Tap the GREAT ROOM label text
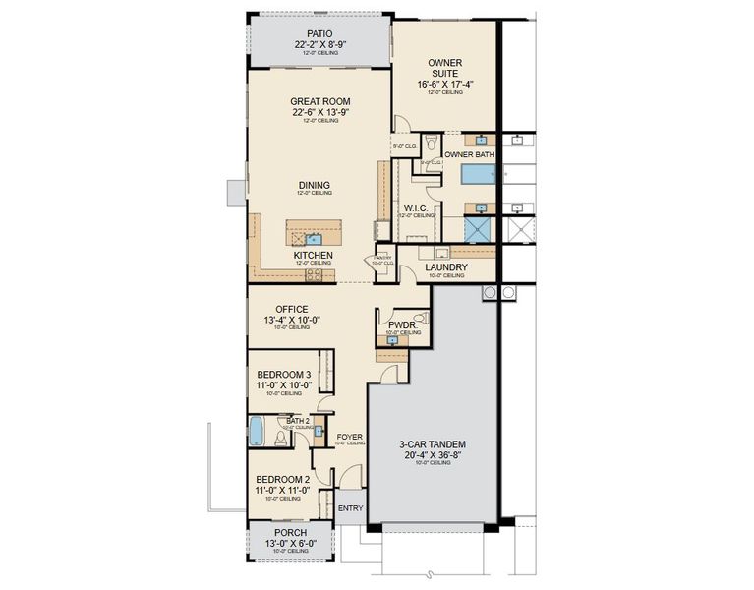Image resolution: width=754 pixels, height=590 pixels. point(320,101)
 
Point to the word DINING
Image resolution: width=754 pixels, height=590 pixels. point(315,184)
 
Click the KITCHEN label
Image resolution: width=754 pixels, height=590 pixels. point(313,255)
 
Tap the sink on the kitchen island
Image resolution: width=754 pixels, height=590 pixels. point(313,237)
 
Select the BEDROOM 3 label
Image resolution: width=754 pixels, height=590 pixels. point(284,374)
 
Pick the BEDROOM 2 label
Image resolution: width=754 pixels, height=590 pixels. point(283,478)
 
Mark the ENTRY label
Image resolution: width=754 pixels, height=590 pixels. point(350,508)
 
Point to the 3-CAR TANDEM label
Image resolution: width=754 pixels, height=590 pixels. point(433,443)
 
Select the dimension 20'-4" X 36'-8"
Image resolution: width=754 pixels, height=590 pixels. point(433,454)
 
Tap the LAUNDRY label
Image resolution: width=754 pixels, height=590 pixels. point(446,267)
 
